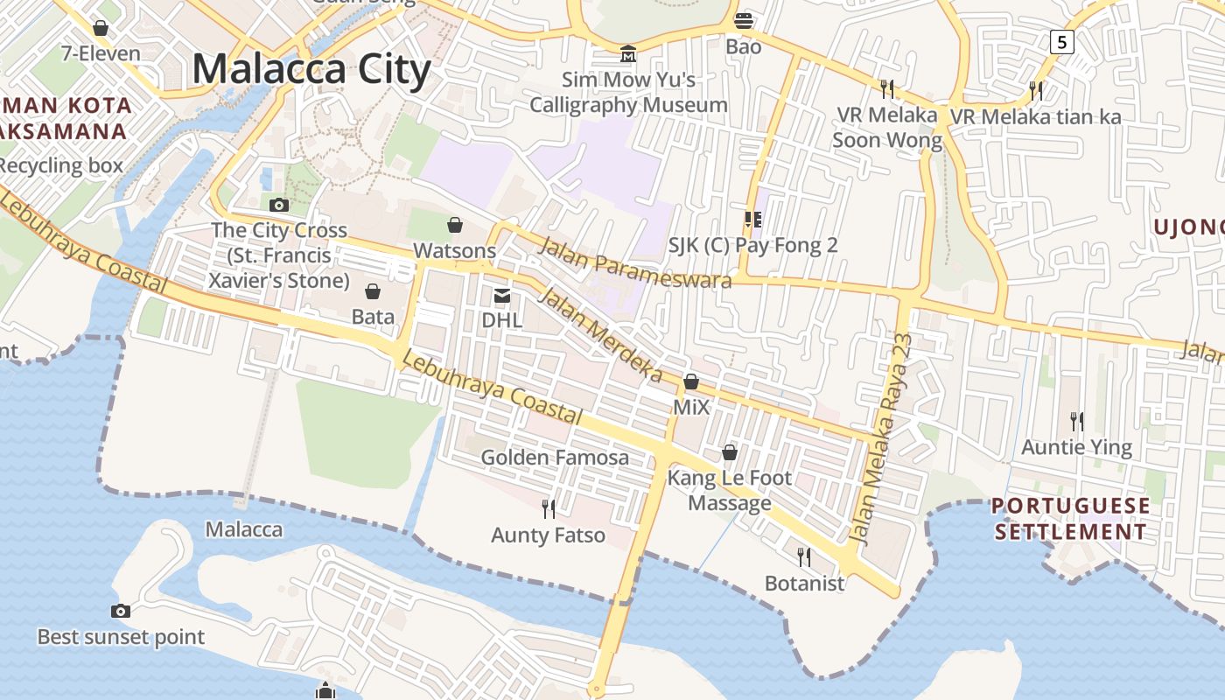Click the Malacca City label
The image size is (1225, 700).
click(311, 69)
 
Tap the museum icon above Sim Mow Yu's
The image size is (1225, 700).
click(627, 54)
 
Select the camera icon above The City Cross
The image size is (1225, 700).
click(279, 205)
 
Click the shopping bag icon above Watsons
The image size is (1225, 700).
click(455, 226)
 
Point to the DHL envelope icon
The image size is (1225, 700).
click(502, 296)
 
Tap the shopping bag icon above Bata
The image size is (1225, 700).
click(373, 290)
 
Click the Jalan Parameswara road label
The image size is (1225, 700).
click(634, 262)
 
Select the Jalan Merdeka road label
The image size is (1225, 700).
click(599, 335)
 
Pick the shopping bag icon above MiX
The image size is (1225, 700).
click(691, 382)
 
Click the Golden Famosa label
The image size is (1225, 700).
click(555, 457)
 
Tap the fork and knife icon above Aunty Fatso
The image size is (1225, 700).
click(549, 508)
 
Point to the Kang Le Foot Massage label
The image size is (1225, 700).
click(729, 490)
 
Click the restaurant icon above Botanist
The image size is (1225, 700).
click(804, 556)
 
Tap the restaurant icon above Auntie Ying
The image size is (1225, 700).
click(1077, 422)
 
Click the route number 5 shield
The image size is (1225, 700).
click(1061, 41)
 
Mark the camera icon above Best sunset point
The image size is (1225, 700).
click(121, 611)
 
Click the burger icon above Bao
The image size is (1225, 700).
click(744, 20)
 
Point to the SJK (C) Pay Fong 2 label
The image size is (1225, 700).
click(752, 245)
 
